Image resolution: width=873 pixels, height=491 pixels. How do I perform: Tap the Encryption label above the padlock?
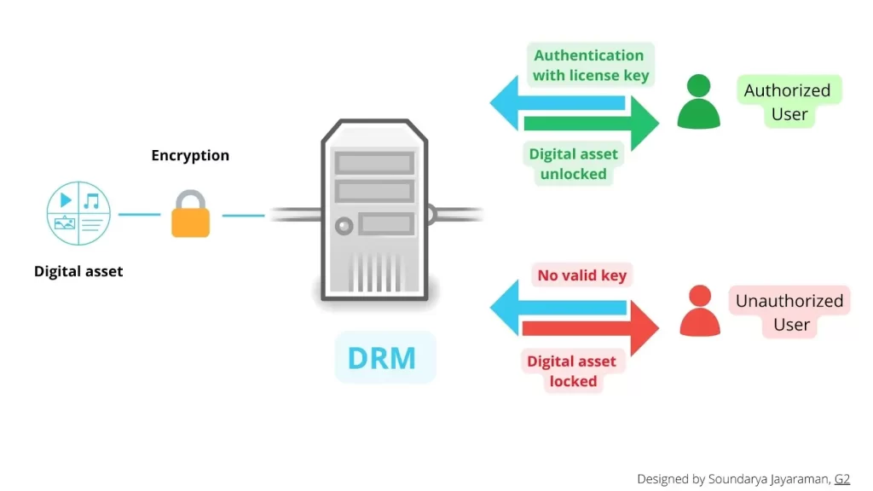point(190,155)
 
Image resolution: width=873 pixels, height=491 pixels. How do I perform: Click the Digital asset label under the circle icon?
point(78,271)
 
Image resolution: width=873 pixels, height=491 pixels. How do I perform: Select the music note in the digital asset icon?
point(92,200)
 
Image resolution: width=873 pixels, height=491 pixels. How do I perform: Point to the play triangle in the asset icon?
point(66,200)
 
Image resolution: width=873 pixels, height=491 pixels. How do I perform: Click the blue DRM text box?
point(382,357)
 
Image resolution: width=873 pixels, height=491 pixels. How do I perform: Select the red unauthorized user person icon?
point(699,311)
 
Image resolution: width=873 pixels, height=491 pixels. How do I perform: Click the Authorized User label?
point(788,101)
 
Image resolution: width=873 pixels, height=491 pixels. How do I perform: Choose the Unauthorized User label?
point(789,312)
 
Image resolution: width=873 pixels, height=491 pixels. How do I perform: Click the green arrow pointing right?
point(597,124)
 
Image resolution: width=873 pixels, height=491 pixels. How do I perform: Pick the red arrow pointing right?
point(597,328)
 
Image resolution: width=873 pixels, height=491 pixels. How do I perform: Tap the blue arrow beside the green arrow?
point(554,101)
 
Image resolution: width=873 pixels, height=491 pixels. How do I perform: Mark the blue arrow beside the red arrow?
point(554,306)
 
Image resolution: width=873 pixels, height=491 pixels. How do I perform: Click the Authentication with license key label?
point(590,65)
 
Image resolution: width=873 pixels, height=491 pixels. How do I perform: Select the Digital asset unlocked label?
point(573,164)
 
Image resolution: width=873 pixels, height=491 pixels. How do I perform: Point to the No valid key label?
point(581,274)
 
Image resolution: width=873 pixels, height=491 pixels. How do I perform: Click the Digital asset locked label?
point(571,371)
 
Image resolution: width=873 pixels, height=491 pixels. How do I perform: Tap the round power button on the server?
point(344,226)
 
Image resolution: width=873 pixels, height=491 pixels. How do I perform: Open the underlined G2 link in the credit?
point(841,479)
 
